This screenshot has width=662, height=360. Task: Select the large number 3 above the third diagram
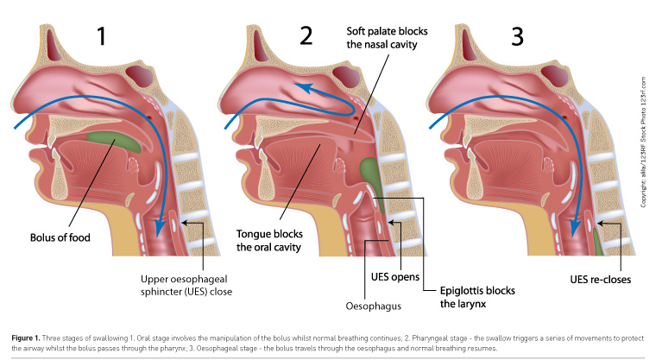(515, 37)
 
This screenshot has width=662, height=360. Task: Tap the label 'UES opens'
(395, 277)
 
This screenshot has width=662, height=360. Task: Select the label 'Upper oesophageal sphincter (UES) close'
(186, 285)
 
